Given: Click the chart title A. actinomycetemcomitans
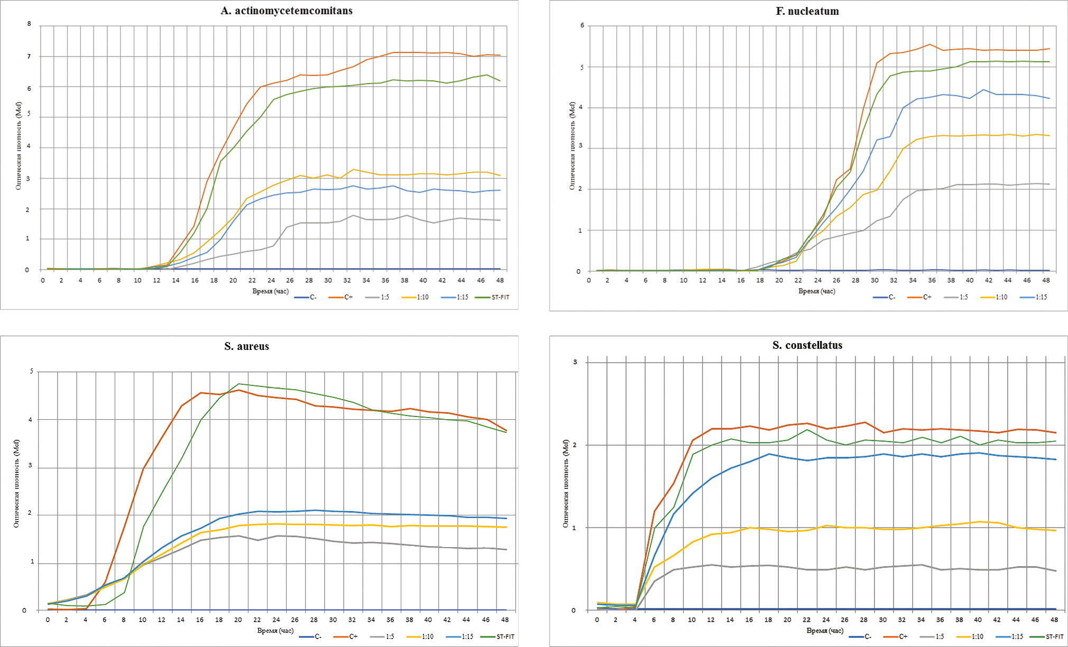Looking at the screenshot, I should click(x=287, y=11).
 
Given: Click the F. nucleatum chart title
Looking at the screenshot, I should click(x=807, y=11).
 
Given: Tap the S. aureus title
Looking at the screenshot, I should click(x=246, y=347).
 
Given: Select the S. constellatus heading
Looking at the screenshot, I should click(x=807, y=346).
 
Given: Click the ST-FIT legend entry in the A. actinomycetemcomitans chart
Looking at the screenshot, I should click(x=500, y=298).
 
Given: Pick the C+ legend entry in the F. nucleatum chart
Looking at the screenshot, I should click(x=927, y=298).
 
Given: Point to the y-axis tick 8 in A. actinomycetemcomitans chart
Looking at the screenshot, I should click(x=29, y=24).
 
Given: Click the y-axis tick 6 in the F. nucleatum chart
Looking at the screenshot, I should click(x=582, y=25).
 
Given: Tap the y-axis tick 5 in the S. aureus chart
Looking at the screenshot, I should click(x=31, y=372).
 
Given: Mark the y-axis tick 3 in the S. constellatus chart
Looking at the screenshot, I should click(x=575, y=363).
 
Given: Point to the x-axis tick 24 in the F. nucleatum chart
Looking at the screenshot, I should click(x=818, y=280).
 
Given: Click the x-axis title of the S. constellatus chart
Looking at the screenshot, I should click(x=825, y=631).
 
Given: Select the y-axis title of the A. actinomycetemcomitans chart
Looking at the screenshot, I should click(x=19, y=147).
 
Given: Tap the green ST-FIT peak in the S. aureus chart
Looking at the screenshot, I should click(x=239, y=384).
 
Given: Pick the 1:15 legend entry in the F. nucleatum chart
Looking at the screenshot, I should click(x=1041, y=298).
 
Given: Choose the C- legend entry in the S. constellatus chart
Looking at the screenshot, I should click(x=867, y=636).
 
